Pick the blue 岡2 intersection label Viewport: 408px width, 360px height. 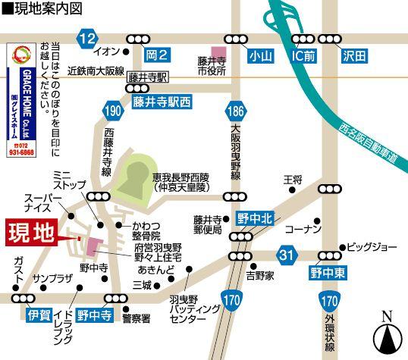156,55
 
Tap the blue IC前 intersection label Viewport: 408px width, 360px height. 307,55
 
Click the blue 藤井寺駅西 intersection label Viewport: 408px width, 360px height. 162,98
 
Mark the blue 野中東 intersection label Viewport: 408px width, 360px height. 327,271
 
